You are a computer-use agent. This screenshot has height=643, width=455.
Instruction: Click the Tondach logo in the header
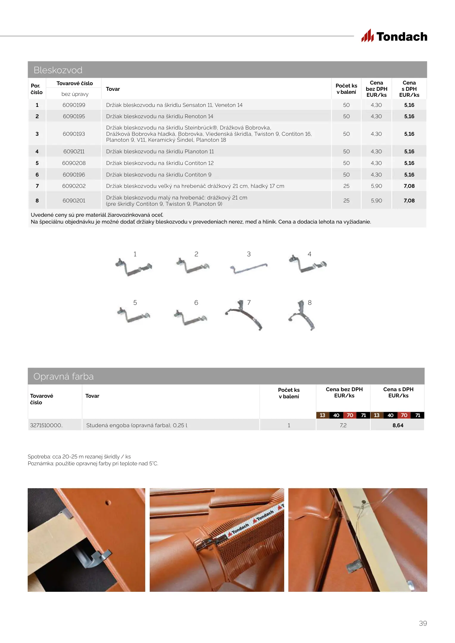coord(394,36)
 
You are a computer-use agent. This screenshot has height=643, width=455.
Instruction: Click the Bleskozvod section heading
coord(58,70)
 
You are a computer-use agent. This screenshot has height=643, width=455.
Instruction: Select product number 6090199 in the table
coord(74,105)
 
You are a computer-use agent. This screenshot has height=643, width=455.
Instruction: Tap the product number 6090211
coord(74,152)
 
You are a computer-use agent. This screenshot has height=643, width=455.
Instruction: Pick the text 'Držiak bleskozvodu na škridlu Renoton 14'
coord(160,116)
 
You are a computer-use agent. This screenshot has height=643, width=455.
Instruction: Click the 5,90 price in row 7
coord(376,186)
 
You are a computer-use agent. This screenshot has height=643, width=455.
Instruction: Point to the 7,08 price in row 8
coord(409,201)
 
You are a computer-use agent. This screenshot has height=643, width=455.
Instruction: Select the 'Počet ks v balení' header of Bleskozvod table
coord(346,89)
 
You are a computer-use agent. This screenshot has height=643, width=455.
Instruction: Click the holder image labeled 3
coord(248,268)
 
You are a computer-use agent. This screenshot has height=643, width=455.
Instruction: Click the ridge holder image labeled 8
coord(302,316)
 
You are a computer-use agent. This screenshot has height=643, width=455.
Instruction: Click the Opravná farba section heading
coord(63,377)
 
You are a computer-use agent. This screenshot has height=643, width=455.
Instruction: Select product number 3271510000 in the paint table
coord(46,425)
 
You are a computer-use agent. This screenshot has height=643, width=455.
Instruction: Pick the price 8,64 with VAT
coord(398,425)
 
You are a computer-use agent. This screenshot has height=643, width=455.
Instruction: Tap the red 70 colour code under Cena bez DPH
coord(350,415)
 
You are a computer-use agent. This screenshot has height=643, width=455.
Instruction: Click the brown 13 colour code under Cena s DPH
coord(376,415)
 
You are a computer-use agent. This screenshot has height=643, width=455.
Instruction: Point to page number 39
coord(423,623)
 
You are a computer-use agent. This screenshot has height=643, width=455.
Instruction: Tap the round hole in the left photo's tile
coord(108,503)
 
